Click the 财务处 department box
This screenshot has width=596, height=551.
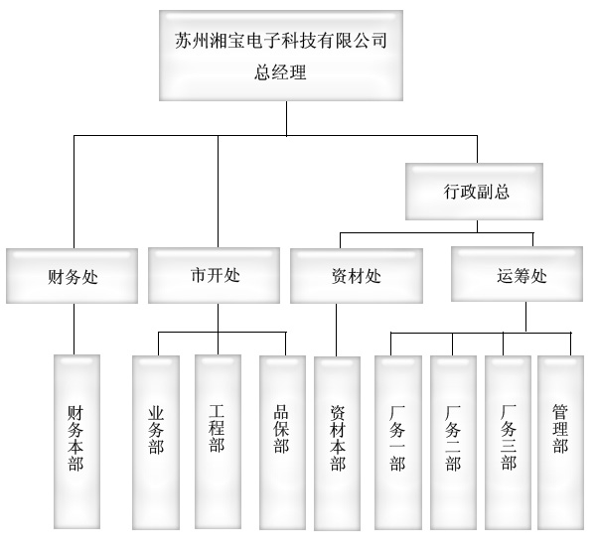74,276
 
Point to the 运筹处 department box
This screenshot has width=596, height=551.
519,275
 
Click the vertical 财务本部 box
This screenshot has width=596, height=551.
75,437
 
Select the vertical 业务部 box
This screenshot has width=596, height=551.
156,437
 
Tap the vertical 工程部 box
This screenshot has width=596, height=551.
218,437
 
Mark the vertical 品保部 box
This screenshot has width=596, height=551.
282,437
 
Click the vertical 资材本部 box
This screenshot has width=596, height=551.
338,437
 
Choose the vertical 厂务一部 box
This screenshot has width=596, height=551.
397,437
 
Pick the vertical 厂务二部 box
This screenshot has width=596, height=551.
453,437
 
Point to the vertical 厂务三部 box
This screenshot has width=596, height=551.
508,437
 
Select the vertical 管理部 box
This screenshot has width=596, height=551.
561,437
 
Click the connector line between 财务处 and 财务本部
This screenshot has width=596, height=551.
74,328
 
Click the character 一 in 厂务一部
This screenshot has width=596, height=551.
397,444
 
